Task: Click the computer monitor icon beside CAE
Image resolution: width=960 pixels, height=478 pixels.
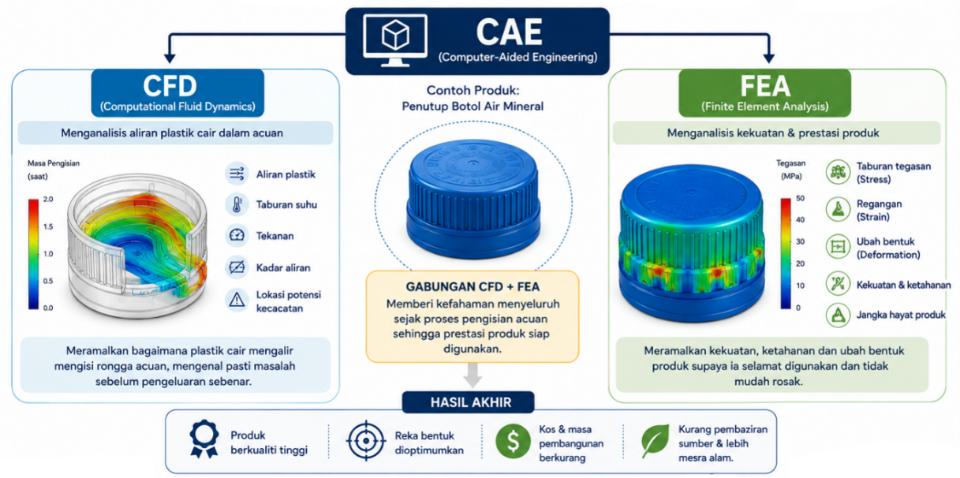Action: coord(394,40)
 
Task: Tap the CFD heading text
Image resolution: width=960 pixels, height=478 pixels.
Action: coord(170,86)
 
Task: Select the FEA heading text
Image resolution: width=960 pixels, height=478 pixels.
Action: coord(765,86)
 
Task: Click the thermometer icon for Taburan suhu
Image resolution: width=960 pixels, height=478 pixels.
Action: coord(237,204)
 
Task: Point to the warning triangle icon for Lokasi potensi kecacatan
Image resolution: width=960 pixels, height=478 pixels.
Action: coord(237,300)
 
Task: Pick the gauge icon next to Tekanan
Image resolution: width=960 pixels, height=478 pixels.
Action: coord(237,235)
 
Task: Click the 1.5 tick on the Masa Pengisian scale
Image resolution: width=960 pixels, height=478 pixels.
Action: coord(48,226)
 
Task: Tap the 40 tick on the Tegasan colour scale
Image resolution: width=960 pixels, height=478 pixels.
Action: coord(800,219)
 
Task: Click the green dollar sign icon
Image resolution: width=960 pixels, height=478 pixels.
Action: coord(513,441)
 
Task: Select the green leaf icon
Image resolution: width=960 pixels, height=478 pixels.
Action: coord(655,441)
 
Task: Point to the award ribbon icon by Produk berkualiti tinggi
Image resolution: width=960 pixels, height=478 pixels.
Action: coord(204,439)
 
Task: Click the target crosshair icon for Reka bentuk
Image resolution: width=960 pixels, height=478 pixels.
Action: coord(365,441)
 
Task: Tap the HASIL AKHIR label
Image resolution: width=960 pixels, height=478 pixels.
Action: coord(471,402)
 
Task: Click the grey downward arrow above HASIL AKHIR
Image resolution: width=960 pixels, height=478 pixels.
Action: coord(473,375)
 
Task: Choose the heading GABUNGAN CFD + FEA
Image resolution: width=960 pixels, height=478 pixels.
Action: coord(473,287)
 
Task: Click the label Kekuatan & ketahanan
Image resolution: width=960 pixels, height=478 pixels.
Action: coord(903,285)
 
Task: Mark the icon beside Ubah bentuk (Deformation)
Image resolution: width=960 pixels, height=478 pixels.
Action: coord(838,247)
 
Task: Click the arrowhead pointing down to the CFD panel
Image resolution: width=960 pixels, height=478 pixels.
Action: coord(170,58)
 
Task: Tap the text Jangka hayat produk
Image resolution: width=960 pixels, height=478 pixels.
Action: coord(901,315)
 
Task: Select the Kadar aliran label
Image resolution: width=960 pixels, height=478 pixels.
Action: coord(283,267)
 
